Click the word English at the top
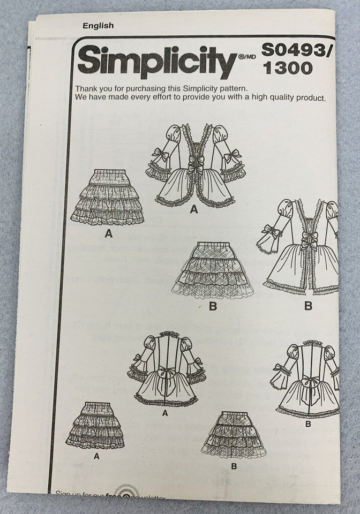(97, 25)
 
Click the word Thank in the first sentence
(87, 88)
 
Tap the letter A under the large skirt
(109, 233)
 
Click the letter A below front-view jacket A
(193, 210)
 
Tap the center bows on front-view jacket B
(309, 240)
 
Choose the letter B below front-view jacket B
(308, 306)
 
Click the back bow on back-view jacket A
(167, 373)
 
